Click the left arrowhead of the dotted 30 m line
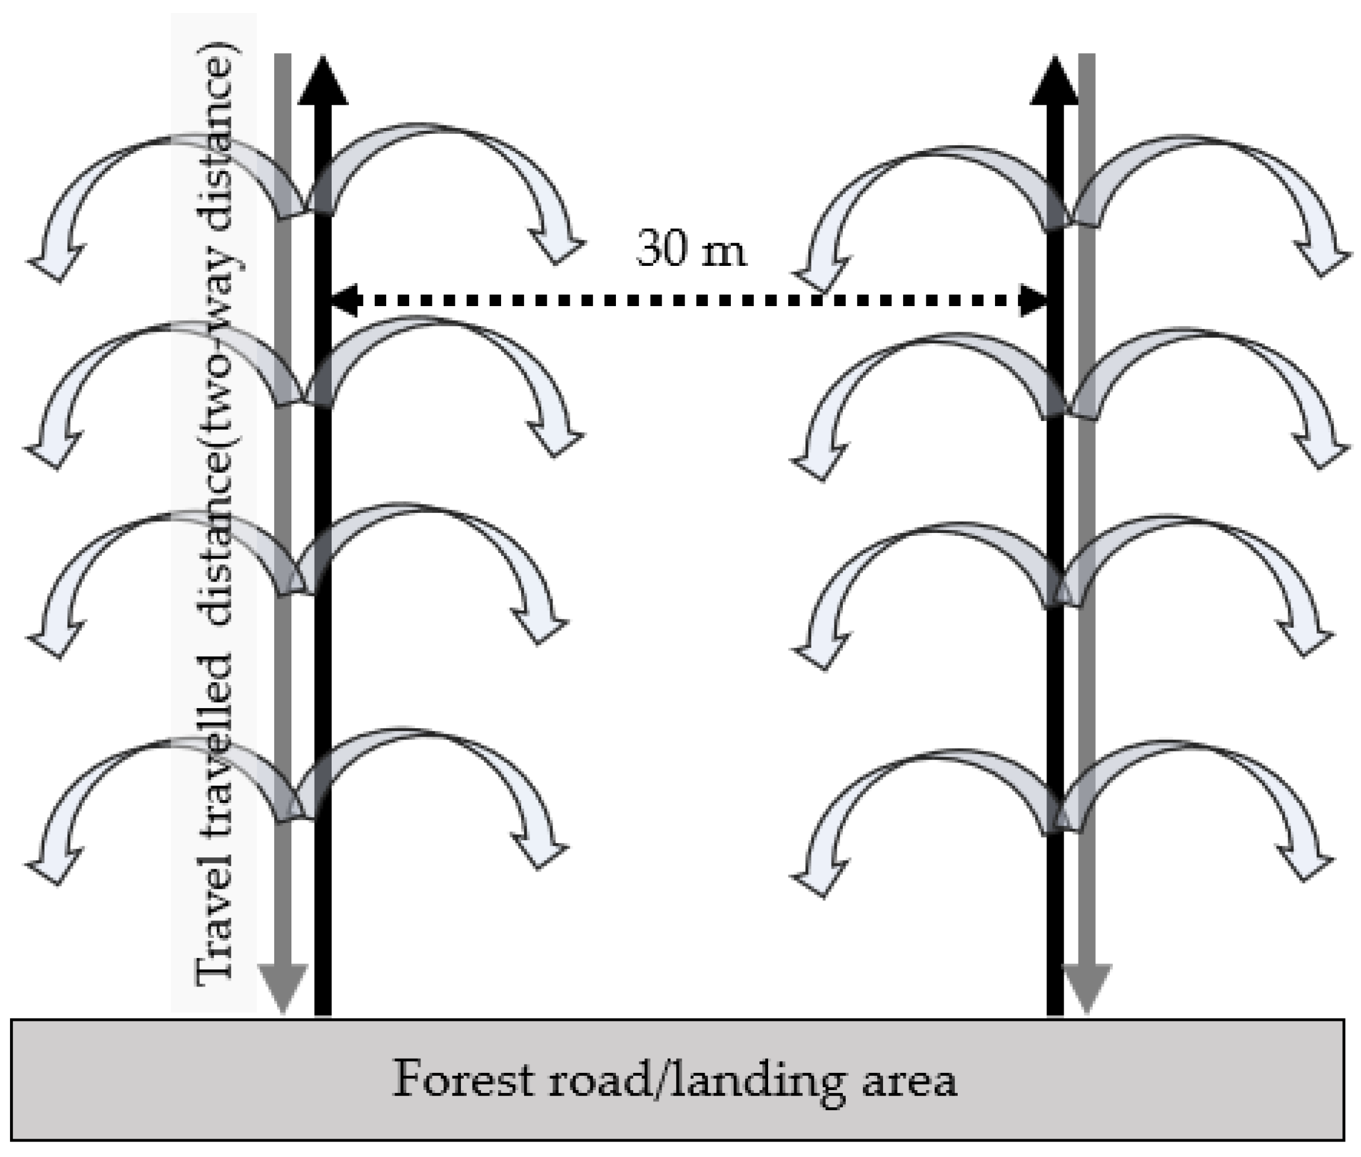coord(341,300)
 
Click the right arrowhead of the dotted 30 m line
coord(1035,300)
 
